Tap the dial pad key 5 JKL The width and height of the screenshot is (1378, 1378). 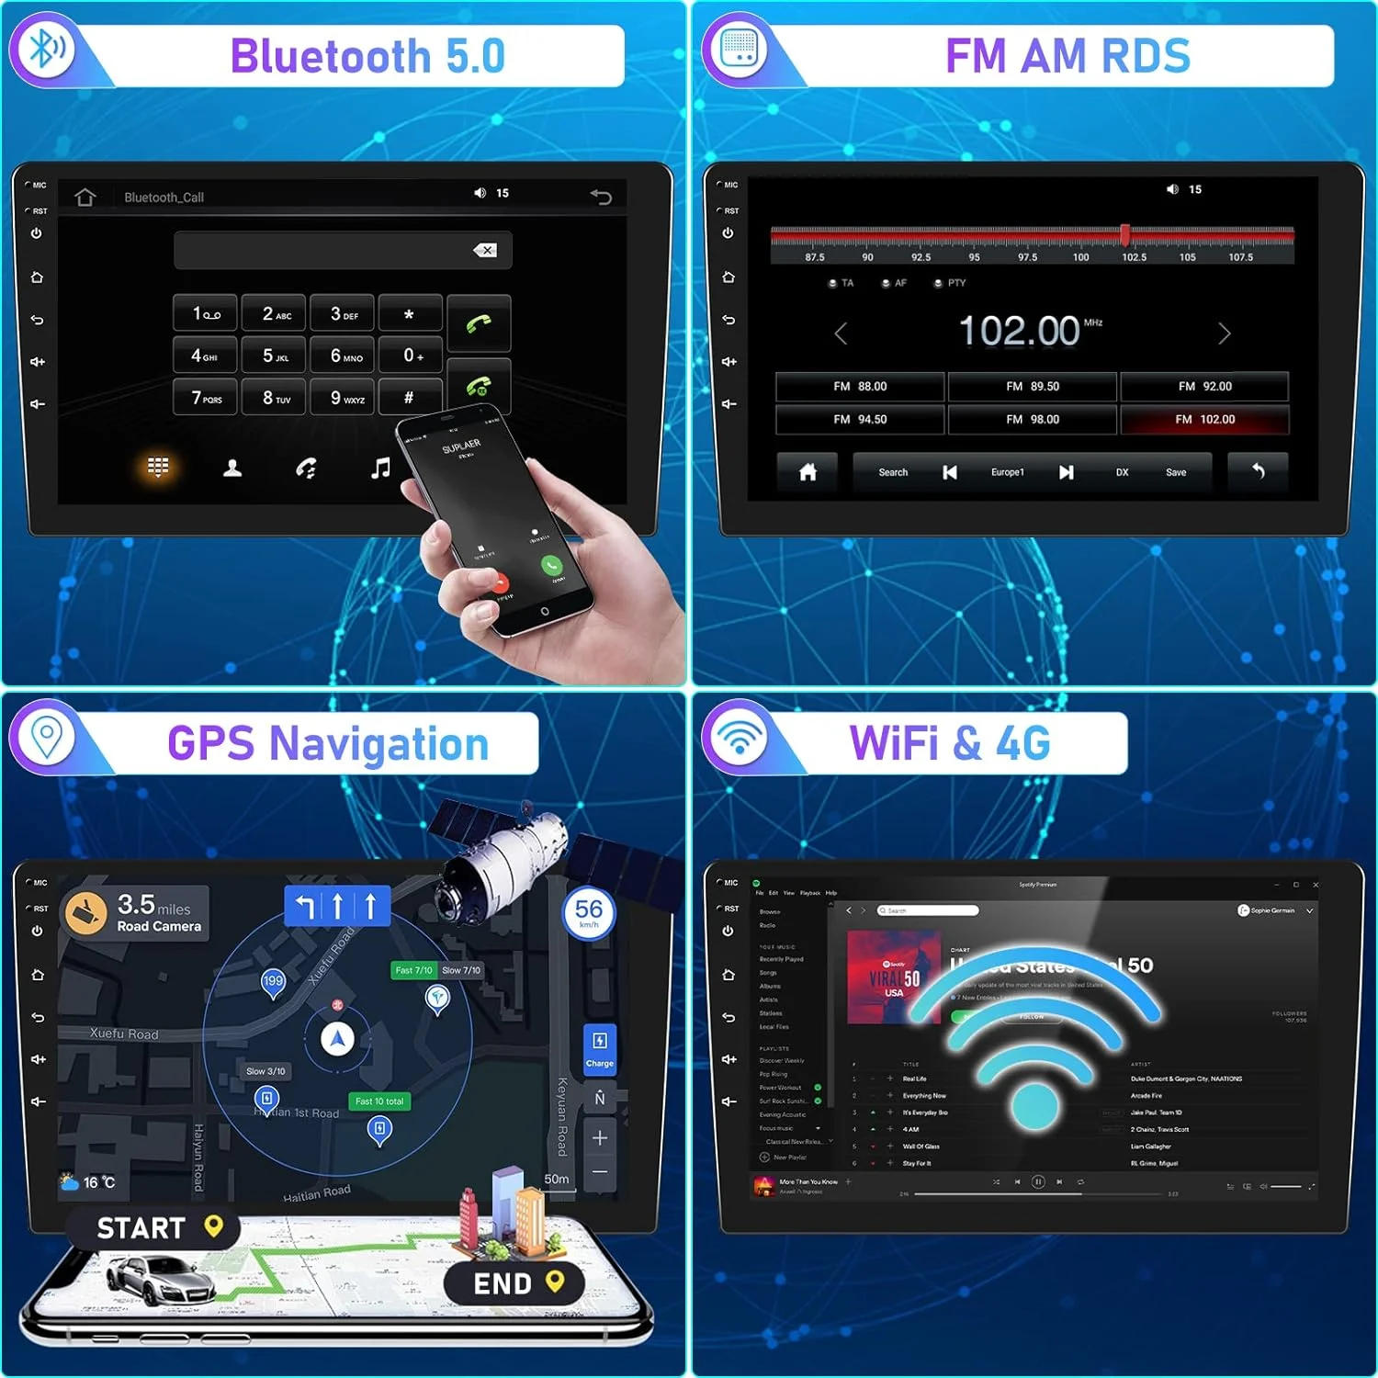(x=275, y=356)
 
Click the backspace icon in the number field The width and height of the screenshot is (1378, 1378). (x=485, y=250)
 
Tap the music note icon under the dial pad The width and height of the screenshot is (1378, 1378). (x=380, y=469)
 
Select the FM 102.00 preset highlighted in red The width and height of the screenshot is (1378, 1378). (x=1204, y=420)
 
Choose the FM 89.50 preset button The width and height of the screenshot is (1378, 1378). (x=1032, y=387)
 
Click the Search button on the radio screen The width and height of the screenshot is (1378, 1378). (x=892, y=472)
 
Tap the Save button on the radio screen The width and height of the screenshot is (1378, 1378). (x=1176, y=472)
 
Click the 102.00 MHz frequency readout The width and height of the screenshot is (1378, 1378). (x=1020, y=331)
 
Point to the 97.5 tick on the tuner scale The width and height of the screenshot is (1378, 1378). (x=1027, y=257)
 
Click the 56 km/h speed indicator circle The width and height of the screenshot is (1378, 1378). (x=588, y=911)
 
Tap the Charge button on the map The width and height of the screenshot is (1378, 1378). (x=599, y=1049)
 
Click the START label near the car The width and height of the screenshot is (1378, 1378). (x=142, y=1228)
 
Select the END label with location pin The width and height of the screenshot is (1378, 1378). (x=503, y=1283)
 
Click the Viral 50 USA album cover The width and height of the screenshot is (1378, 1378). (x=893, y=977)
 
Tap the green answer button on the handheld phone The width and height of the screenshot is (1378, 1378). (x=551, y=565)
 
